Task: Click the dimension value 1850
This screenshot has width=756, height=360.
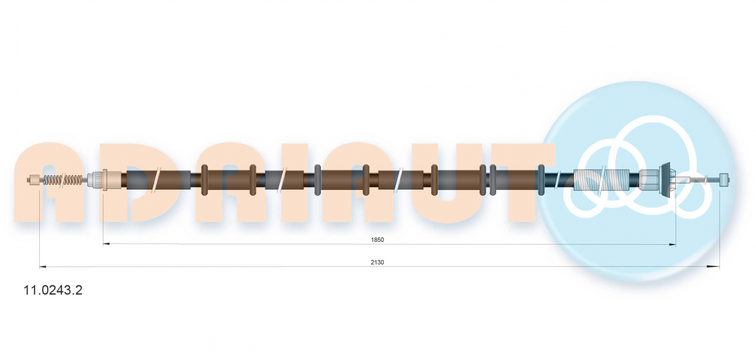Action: click(x=378, y=240)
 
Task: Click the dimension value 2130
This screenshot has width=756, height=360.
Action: click(x=378, y=263)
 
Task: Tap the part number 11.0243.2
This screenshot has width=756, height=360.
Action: click(x=52, y=290)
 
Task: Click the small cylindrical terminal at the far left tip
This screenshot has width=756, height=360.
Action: click(x=34, y=180)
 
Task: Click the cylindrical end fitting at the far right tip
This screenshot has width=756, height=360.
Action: click(x=724, y=180)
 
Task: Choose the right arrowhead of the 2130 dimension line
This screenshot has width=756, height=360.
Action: click(x=716, y=266)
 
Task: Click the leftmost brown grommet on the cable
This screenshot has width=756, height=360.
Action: click(x=204, y=180)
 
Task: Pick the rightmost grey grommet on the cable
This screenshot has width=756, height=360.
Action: click(x=541, y=180)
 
